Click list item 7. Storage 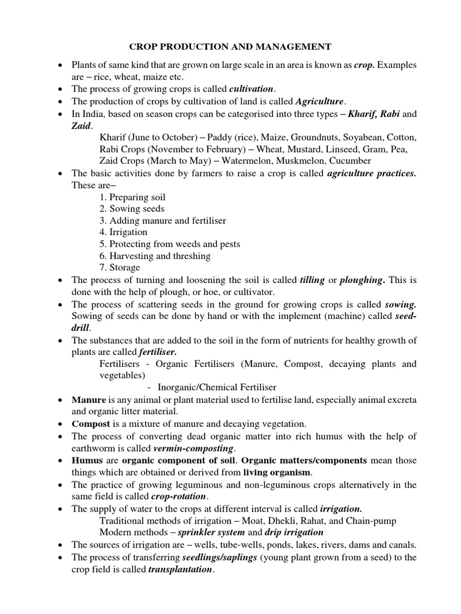[120, 267]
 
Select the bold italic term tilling [312, 280]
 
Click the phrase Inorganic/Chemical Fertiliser [217, 387]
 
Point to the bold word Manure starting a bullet [88, 399]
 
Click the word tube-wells [235, 544]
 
